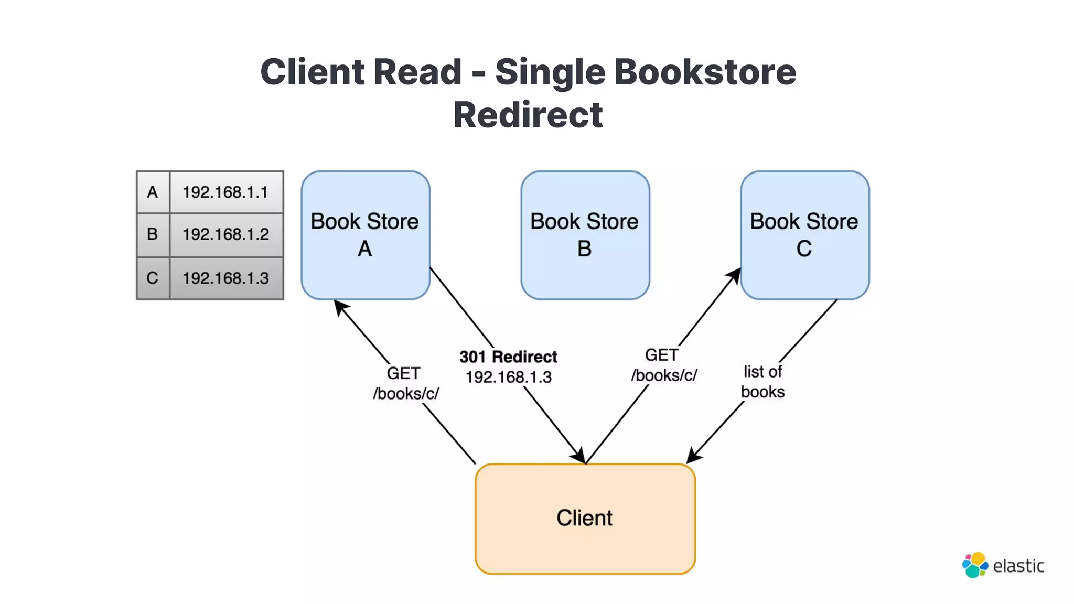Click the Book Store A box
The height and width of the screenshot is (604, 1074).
366,235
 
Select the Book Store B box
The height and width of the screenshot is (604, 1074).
585,235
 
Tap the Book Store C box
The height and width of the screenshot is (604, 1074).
804,235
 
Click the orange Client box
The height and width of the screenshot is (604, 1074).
585,518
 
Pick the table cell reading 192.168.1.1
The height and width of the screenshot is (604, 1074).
225,192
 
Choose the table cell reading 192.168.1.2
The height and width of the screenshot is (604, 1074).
225,234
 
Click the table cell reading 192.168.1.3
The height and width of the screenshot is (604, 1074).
225,278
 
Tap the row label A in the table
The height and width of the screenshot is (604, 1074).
153,192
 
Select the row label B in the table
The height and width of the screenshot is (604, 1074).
153,234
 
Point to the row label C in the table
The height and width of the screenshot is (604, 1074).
153,278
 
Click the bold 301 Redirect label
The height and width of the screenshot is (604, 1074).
508,357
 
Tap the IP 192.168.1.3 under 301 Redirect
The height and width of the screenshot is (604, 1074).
508,377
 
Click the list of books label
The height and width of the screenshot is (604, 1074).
762,382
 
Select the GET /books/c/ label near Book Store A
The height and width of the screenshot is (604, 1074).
405,383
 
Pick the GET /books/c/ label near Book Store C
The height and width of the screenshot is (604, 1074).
663,365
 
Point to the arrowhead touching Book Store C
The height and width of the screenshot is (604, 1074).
735,275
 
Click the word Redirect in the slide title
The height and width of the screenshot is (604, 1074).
528,115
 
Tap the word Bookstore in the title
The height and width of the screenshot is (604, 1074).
705,72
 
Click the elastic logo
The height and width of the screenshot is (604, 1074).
1003,565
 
